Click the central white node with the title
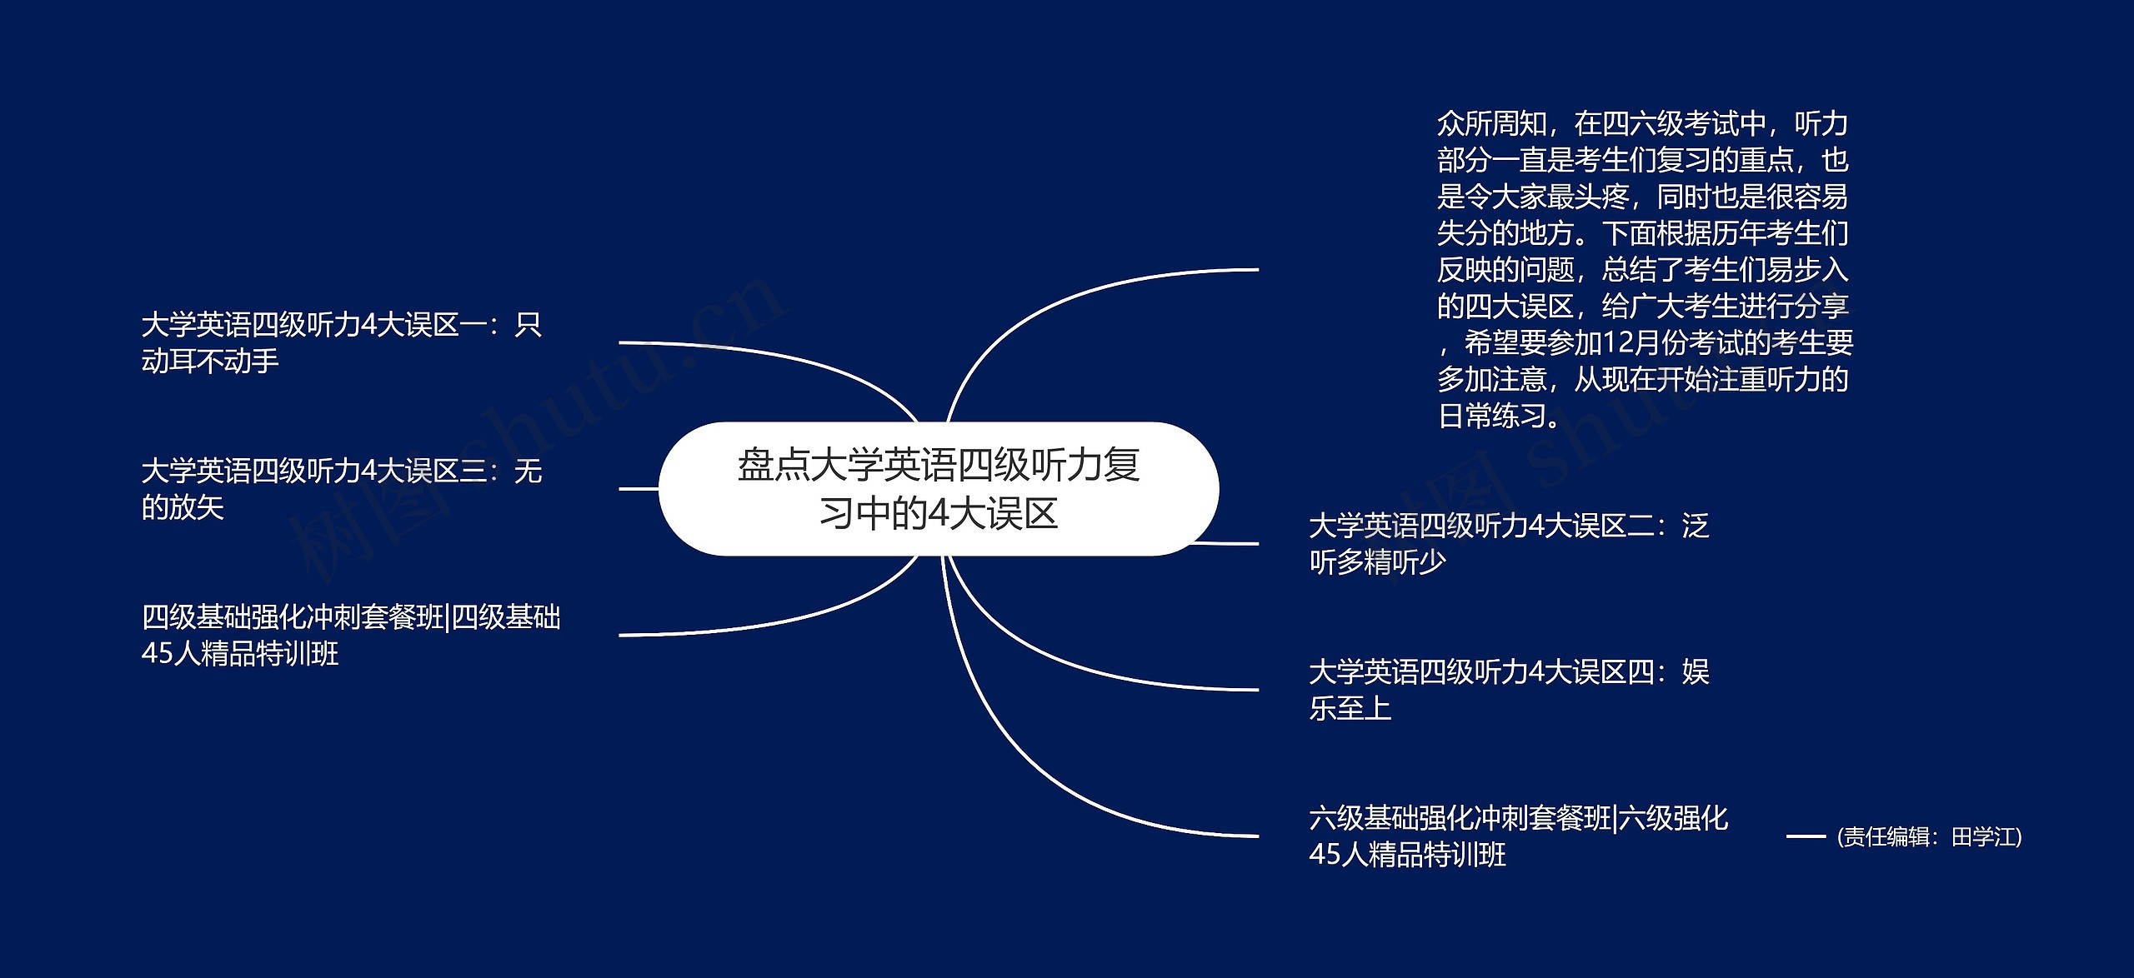[939, 489]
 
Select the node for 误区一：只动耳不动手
[342, 342]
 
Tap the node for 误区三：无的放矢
[342, 489]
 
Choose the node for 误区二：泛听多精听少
[1509, 543]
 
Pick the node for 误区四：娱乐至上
[1509, 690]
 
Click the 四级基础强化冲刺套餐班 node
[351, 636]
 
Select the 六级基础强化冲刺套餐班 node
[1518, 836]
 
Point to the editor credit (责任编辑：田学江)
[1929, 837]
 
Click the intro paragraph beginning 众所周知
[1644, 270]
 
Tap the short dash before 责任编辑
[1806, 836]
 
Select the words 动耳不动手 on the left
[210, 362]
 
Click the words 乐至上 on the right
[1350, 709]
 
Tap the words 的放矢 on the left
[183, 508]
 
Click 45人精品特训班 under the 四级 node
[240, 654]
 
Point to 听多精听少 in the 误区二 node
[1377, 562]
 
